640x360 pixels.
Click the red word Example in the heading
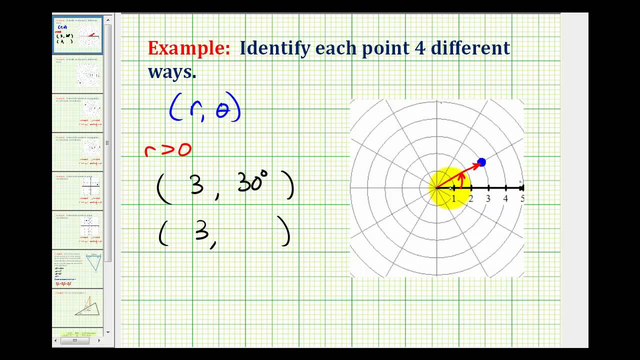coord(189,48)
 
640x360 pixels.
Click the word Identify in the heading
coord(270,48)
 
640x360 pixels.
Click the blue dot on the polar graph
coord(481,162)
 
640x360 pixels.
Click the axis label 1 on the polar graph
coord(454,199)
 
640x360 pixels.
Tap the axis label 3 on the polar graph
coord(488,199)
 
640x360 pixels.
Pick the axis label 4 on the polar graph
coord(505,199)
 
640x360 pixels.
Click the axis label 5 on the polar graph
coord(522,199)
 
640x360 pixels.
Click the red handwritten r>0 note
coord(167,149)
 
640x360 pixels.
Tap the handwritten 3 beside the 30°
coord(196,185)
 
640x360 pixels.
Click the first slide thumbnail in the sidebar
coord(78,35)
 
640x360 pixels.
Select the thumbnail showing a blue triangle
coord(78,268)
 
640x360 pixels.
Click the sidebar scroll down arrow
coord(108,332)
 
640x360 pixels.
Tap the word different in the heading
coord(470,48)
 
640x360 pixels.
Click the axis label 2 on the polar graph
coord(470,199)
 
